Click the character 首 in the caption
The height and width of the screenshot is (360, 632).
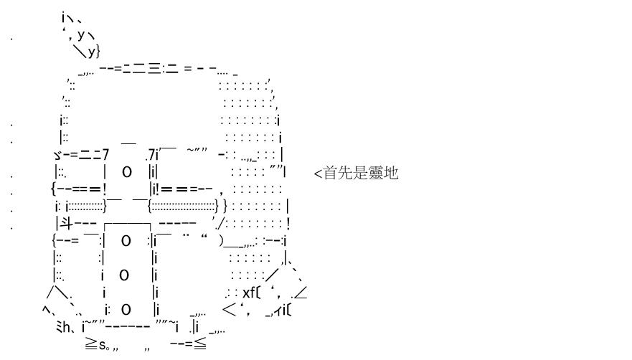[331, 173]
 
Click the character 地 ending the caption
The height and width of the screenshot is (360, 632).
[391, 173]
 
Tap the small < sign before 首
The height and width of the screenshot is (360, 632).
[318, 174]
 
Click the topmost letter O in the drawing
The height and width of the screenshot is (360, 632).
[126, 172]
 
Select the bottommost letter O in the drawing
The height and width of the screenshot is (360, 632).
[126, 310]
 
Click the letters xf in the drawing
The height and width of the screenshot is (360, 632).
[249, 293]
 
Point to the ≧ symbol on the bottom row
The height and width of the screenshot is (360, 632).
[91, 344]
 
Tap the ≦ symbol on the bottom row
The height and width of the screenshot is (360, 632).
[200, 344]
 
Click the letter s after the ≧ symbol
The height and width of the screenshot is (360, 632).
[103, 346]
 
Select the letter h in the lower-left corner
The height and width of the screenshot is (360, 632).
[67, 327]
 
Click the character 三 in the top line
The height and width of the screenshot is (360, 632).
[154, 69]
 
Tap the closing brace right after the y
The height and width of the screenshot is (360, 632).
[98, 52]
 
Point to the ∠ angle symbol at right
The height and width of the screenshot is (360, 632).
[301, 293]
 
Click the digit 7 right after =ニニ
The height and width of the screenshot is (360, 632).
[105, 155]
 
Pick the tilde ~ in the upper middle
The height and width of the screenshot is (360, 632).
[191, 150]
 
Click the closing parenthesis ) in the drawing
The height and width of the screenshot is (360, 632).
[221, 241]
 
